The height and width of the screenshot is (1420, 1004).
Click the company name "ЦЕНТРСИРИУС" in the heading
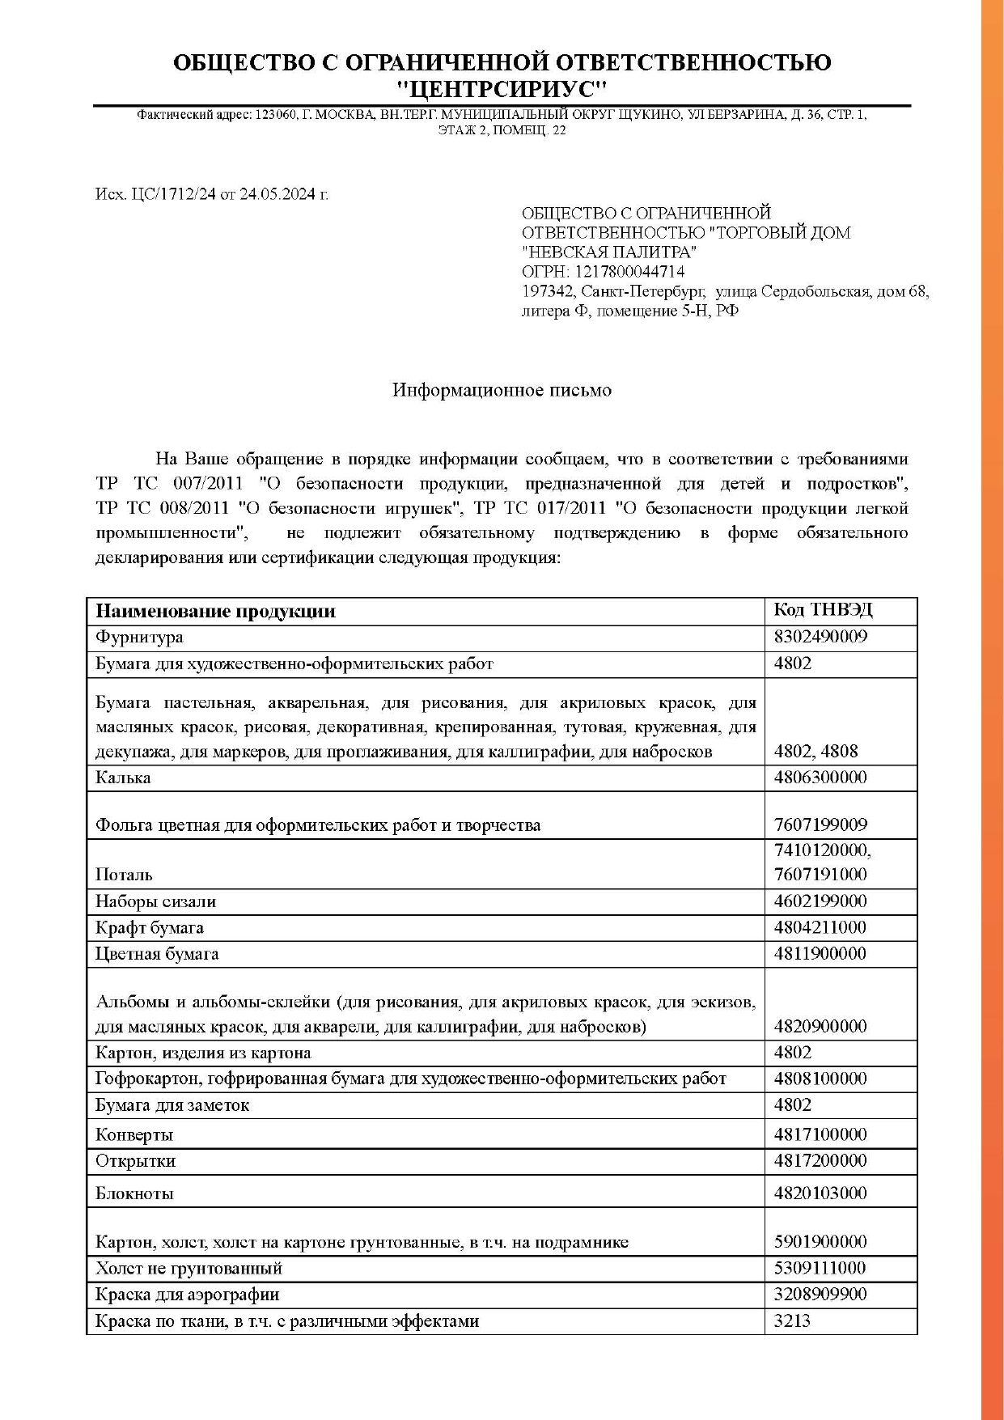pyautogui.click(x=502, y=87)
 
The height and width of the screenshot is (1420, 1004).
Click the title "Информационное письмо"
pyautogui.click(x=502, y=390)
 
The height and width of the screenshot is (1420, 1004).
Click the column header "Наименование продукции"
pyautogui.click(x=215, y=612)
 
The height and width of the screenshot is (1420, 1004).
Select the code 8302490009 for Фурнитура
pyautogui.click(x=820, y=637)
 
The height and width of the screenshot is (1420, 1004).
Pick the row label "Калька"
pyautogui.click(x=123, y=778)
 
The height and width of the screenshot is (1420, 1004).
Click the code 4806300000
pyautogui.click(x=820, y=778)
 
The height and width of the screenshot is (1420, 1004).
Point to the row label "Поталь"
pyautogui.click(x=124, y=875)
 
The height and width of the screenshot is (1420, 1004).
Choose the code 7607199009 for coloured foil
pyautogui.click(x=820, y=825)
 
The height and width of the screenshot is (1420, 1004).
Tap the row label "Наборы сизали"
pyautogui.click(x=155, y=901)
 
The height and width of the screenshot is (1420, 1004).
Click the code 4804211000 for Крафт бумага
pyautogui.click(x=820, y=927)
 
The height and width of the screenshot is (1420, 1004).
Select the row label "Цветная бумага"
pyautogui.click(x=157, y=954)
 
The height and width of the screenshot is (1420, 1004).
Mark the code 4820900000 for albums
pyautogui.click(x=820, y=1027)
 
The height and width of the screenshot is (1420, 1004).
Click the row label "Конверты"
pyautogui.click(x=134, y=1135)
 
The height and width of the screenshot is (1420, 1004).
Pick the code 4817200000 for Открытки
pyautogui.click(x=820, y=1161)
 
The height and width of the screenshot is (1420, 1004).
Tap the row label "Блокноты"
pyautogui.click(x=134, y=1193)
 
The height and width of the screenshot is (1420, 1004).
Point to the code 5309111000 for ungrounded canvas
pyautogui.click(x=820, y=1268)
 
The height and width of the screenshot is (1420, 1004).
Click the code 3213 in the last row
pyautogui.click(x=792, y=1321)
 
